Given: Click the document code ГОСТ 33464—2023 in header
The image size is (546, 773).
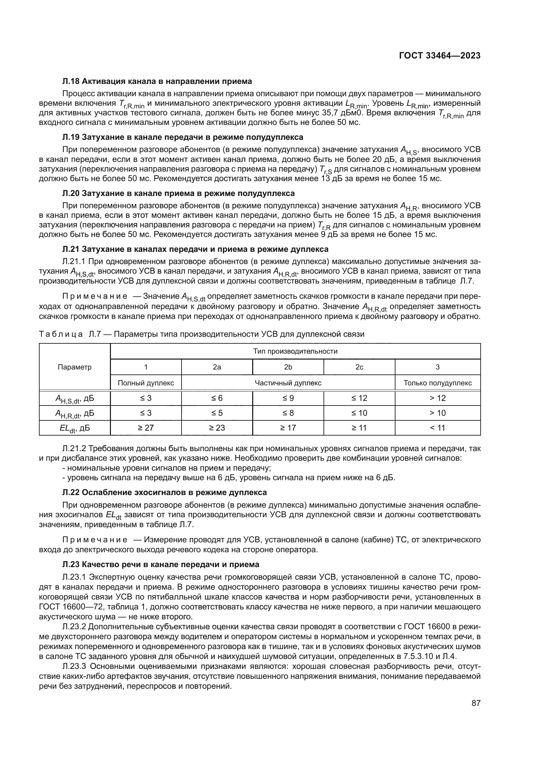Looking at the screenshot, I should tap(439, 56).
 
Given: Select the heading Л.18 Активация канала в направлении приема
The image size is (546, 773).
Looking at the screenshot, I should tap(157, 81).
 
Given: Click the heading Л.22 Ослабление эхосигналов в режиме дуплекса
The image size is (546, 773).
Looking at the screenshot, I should tap(164, 492).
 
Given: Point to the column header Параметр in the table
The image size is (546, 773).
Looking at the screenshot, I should tap(75, 367).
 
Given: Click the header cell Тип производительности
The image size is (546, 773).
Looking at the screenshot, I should tap(295, 352).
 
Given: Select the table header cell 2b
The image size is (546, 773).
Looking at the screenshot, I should tap(288, 367).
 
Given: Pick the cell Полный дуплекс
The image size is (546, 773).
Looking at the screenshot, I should tap(146, 383).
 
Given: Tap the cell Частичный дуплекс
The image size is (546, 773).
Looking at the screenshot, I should tap(288, 383).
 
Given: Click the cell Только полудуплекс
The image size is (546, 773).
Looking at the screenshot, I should tap(437, 383).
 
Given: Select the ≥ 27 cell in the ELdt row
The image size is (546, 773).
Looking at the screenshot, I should tap(146, 428).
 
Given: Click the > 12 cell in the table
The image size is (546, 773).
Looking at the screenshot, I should tap(437, 398).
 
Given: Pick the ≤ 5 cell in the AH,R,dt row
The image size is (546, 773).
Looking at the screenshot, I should tap(217, 413).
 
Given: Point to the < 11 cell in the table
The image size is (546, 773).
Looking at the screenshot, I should tap(437, 428).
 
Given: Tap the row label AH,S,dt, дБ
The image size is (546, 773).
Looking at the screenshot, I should tap(75, 399).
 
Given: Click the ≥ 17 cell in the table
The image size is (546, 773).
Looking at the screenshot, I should tap(288, 428).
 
